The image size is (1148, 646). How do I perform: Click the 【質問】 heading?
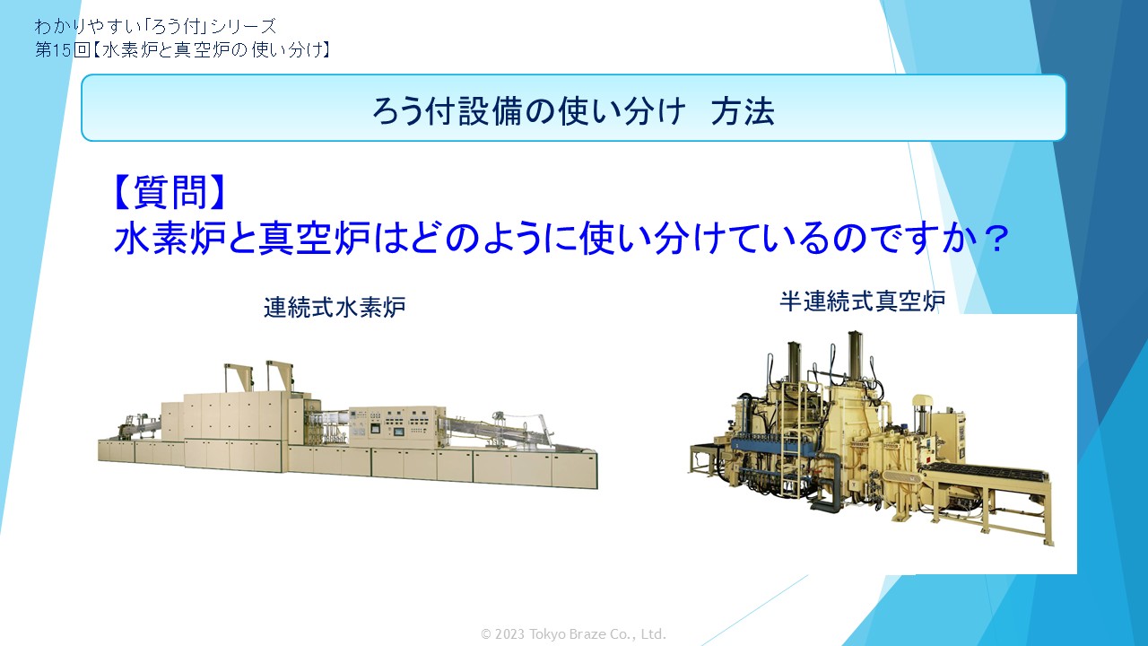[170, 192]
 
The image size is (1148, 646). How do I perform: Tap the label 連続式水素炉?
[335, 307]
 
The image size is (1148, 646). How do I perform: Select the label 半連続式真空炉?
[863, 301]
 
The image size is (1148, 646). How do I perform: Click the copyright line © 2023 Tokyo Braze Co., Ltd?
[573, 634]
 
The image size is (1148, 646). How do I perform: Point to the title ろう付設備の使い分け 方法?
[573, 110]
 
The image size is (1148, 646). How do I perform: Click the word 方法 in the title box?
[742, 110]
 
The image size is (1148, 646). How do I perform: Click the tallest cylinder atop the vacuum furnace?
[855, 354]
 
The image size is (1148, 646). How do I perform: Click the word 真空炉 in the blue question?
[314, 239]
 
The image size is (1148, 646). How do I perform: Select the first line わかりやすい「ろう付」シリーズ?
[156, 26]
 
